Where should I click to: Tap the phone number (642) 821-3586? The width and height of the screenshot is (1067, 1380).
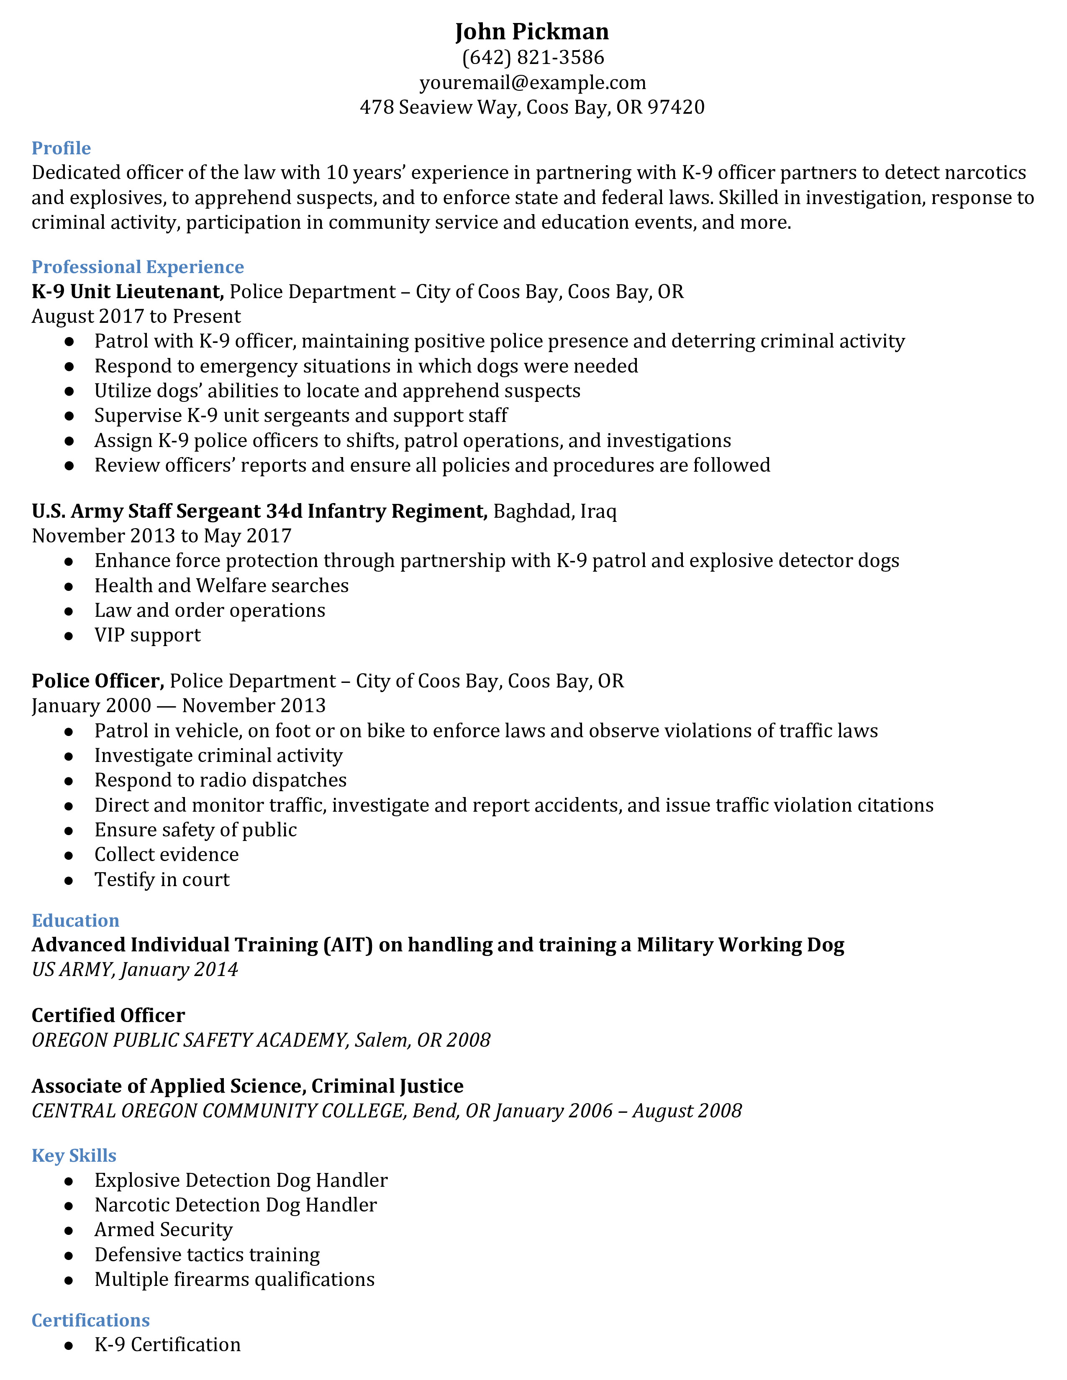click(533, 58)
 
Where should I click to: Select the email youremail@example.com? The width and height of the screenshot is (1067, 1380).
click(532, 83)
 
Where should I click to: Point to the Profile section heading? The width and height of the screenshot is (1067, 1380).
click(62, 148)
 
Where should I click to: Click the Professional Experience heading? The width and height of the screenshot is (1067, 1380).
click(138, 267)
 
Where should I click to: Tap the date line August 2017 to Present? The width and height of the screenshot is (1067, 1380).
click(136, 317)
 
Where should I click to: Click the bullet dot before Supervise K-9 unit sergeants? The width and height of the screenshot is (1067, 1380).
click(69, 417)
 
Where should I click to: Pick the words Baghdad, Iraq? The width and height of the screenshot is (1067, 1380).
click(554, 511)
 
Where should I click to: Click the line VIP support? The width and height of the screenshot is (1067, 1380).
click(147, 635)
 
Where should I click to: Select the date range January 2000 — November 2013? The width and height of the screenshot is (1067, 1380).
click(178, 706)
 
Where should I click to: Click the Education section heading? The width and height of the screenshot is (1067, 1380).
click(75, 921)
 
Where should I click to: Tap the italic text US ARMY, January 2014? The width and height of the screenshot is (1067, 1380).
click(135, 970)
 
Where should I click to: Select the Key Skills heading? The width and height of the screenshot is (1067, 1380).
click(74, 1156)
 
